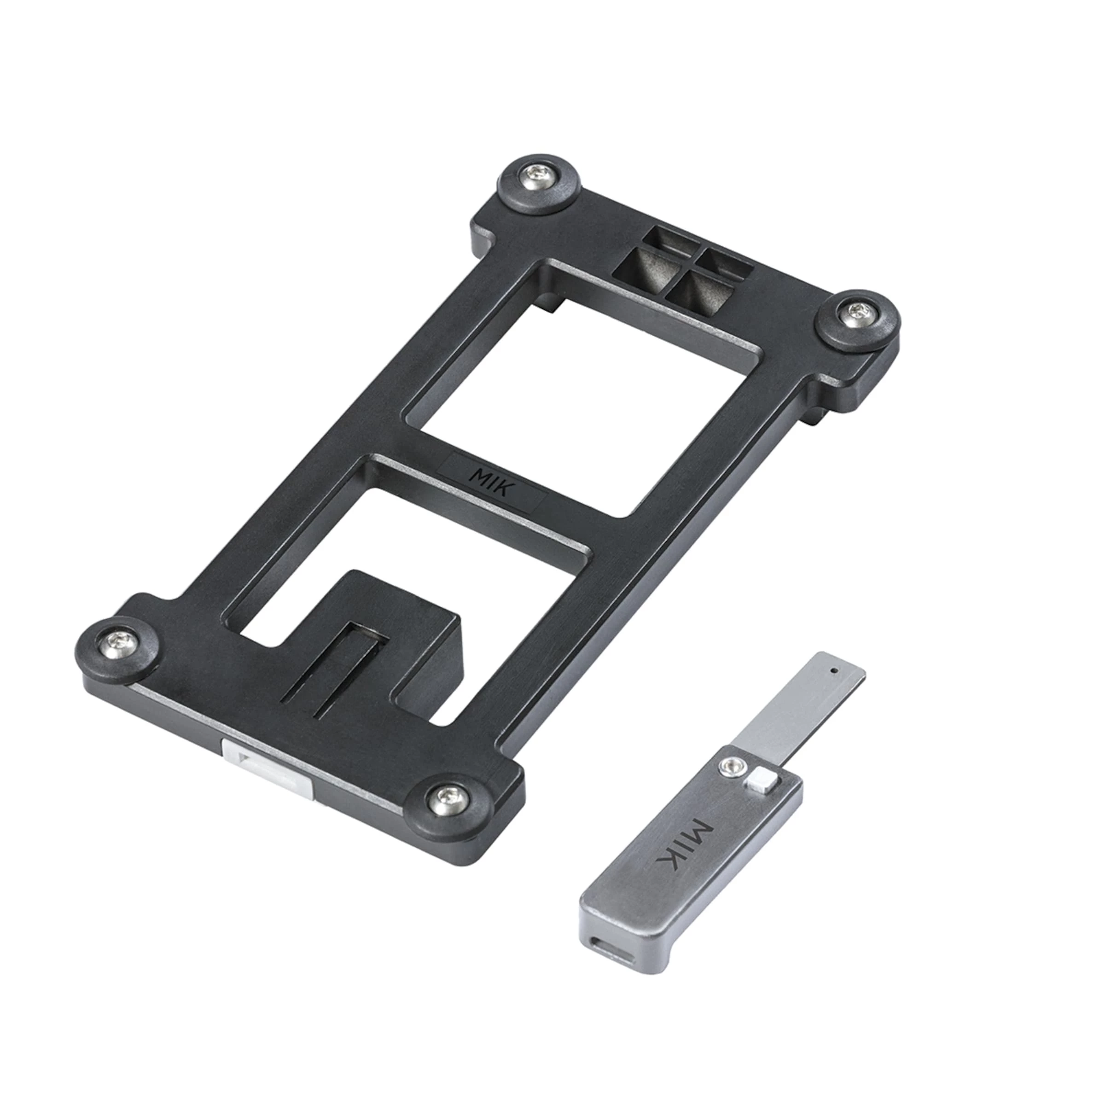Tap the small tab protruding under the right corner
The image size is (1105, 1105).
(819, 413)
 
